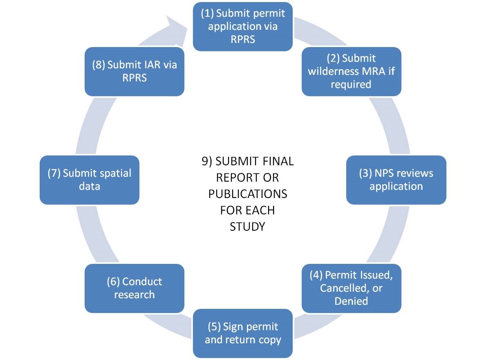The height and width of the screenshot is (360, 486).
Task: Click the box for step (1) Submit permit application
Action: (243, 27)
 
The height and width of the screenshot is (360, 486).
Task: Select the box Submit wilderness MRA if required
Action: (351, 72)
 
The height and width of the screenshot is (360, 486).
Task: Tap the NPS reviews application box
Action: (396, 180)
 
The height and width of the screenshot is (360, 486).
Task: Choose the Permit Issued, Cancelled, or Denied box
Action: (351, 288)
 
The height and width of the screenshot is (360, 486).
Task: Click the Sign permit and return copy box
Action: (243, 333)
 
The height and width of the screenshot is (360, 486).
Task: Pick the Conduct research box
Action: (134, 288)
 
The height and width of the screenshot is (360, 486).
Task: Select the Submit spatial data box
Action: (89, 180)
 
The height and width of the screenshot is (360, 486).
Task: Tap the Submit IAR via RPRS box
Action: (134, 72)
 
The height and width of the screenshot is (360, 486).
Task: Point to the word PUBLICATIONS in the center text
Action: (248, 193)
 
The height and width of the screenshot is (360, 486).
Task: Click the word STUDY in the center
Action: (247, 226)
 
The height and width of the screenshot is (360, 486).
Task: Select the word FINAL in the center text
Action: (278, 161)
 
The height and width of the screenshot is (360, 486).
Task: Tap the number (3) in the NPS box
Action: (365, 173)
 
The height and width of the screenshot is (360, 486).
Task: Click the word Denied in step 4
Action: (351, 301)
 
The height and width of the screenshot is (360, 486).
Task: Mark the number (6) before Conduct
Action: (113, 282)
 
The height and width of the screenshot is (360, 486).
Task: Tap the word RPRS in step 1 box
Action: (243, 40)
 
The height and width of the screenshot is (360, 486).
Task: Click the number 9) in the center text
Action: (206, 161)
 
